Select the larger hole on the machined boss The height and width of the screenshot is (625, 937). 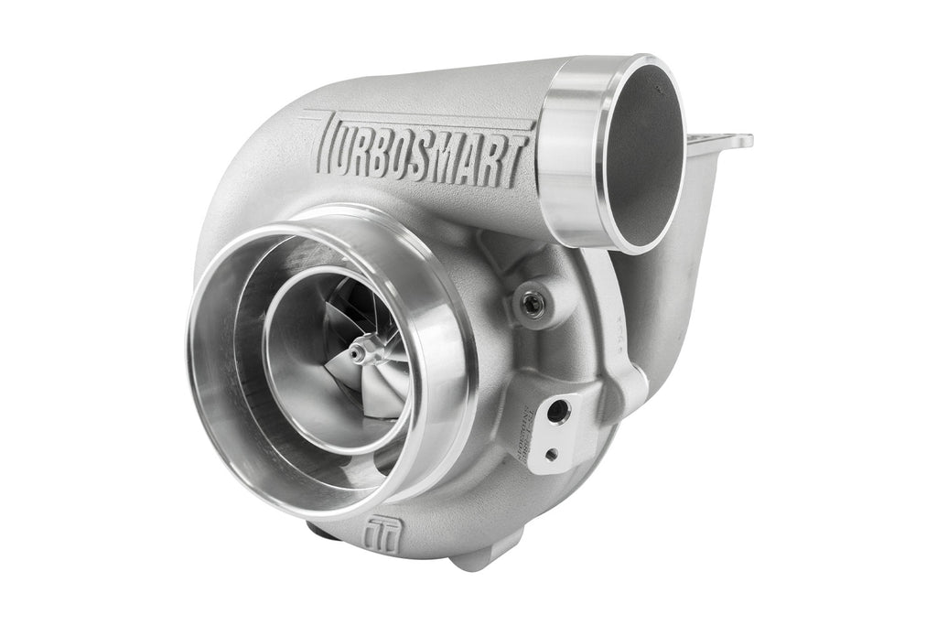click(556, 414)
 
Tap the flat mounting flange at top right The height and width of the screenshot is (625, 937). click(723, 142)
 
